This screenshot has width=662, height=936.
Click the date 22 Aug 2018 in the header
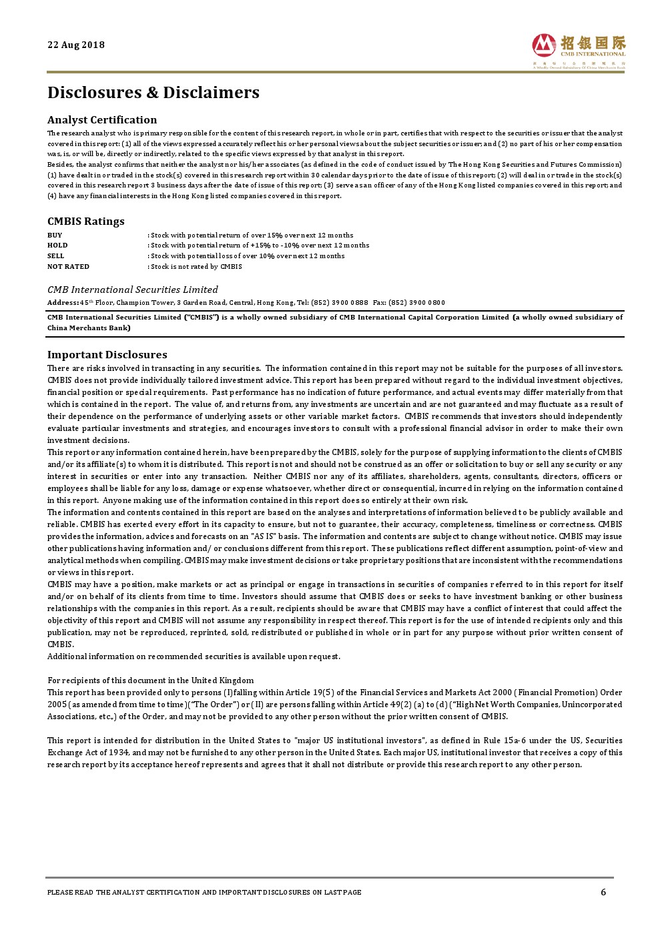[76, 45]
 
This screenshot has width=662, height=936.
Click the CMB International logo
[579, 50]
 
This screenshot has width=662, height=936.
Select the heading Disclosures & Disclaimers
[153, 93]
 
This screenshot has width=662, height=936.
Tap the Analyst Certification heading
[102, 120]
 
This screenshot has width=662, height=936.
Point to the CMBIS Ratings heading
[85, 221]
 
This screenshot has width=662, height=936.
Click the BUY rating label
[55, 235]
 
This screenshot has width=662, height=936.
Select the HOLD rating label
[57, 246]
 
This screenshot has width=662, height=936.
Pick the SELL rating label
[56, 256]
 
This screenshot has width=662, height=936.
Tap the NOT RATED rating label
[68, 267]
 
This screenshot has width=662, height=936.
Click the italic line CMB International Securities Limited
[132, 290]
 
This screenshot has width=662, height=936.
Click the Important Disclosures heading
[107, 355]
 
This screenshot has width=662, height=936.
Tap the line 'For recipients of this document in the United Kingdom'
[150, 680]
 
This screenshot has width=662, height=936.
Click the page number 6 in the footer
[603, 893]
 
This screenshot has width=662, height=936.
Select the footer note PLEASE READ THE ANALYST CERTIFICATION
[204, 893]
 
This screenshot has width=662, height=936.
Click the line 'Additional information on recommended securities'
[194, 656]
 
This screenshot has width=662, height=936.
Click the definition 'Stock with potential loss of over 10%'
[247, 256]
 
